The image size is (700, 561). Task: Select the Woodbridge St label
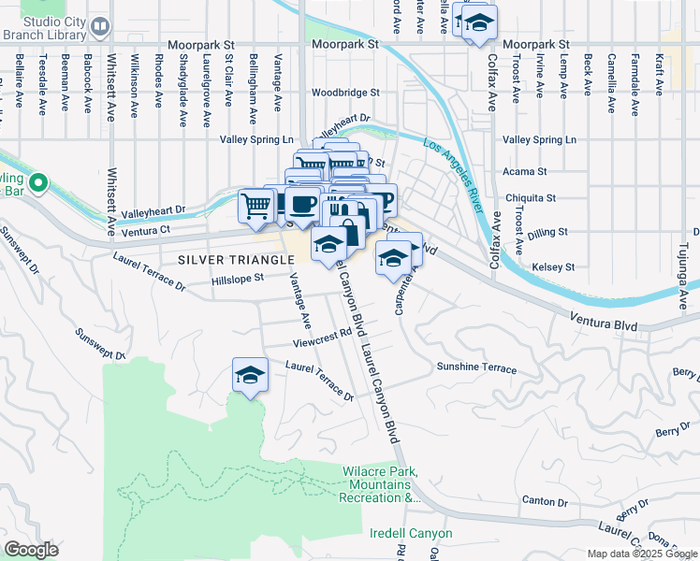tap(345, 93)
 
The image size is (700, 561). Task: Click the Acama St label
tap(525, 172)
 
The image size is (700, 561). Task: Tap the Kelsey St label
tap(552, 267)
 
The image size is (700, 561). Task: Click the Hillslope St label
tap(239, 278)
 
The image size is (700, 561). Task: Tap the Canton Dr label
tap(539, 501)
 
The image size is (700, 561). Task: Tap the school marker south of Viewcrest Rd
tap(250, 375)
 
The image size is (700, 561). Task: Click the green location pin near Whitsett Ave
tap(38, 182)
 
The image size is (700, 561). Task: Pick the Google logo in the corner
tap(31, 549)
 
